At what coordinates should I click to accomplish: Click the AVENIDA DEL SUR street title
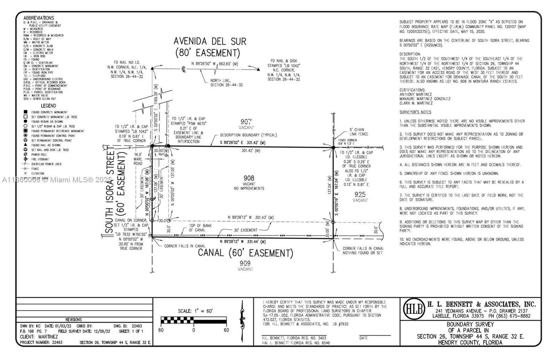(x=210, y=42)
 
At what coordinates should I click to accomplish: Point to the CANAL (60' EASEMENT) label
(x=245, y=253)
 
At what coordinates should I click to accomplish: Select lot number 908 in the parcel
(x=249, y=178)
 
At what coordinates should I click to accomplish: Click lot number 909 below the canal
(x=245, y=263)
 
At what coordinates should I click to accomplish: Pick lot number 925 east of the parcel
(x=360, y=194)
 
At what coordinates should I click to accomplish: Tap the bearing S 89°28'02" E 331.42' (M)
(x=242, y=143)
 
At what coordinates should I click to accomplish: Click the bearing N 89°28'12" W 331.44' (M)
(x=243, y=242)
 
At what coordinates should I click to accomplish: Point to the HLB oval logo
(x=414, y=309)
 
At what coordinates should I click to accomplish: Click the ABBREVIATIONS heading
(x=39, y=18)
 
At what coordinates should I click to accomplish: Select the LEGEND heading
(x=48, y=106)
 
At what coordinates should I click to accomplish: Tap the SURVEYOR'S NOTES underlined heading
(x=415, y=112)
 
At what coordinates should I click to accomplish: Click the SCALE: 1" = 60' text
(x=195, y=311)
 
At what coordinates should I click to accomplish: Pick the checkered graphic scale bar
(x=194, y=320)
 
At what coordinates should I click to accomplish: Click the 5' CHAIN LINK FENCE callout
(x=359, y=132)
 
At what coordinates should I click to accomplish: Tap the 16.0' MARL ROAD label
(x=138, y=159)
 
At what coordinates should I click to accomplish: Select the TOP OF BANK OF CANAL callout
(x=200, y=228)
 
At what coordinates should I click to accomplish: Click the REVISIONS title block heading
(x=73, y=320)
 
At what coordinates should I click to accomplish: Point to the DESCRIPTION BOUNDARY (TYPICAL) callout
(x=248, y=135)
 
